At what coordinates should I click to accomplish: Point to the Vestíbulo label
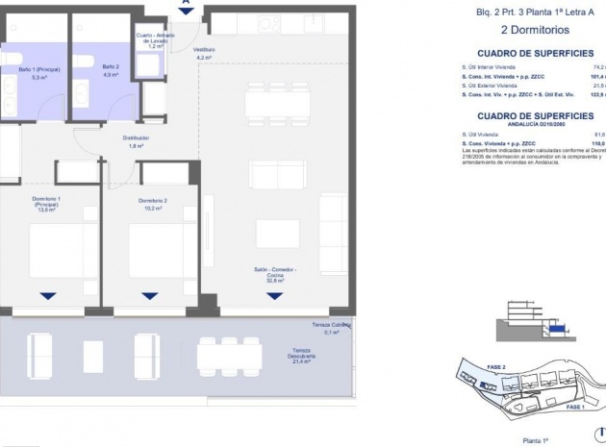point(203,53)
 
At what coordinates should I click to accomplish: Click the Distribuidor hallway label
point(136,141)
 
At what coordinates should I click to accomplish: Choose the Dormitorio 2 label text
point(142,203)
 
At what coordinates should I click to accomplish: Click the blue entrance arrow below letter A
point(186,11)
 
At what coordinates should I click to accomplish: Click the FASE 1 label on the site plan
point(575,408)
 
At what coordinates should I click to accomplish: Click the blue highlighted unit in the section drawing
point(556,330)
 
